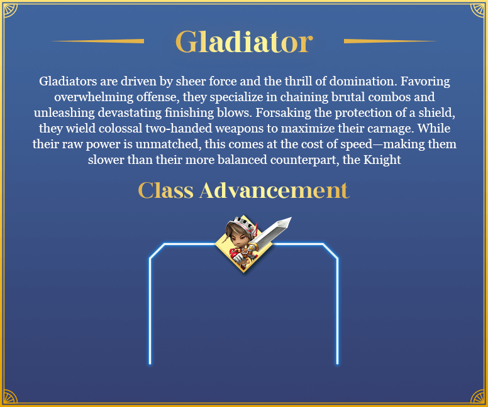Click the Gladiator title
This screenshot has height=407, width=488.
244,41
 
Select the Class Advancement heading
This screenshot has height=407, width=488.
244,190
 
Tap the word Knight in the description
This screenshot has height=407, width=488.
382,160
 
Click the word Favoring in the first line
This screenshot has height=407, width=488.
425,81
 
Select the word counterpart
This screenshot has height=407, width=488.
305,160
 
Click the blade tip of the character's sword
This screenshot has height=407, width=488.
291,219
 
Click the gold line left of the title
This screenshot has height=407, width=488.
97,41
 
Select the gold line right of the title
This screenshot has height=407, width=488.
391,41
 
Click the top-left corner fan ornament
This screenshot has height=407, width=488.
10,10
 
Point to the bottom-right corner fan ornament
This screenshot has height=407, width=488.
477,396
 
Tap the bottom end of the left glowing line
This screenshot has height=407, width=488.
150,363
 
